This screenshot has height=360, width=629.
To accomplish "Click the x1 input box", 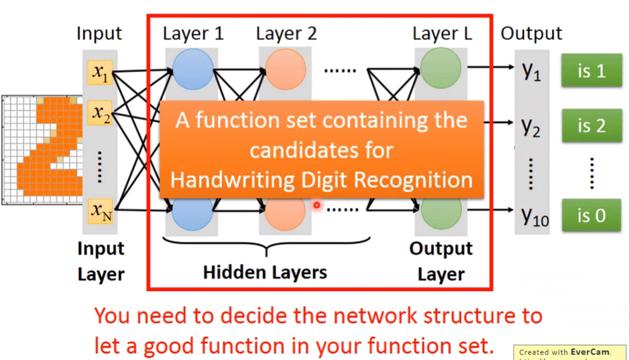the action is [100, 72].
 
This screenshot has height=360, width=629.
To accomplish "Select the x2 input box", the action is [100, 113].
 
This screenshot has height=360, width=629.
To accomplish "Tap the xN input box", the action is [100, 211].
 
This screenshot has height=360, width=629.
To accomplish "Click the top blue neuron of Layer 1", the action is [193, 69].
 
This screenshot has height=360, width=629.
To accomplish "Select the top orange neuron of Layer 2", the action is [286, 69].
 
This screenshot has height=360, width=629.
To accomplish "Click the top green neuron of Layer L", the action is [441, 68].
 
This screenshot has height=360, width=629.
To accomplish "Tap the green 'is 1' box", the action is [592, 71].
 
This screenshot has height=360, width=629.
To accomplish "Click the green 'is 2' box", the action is [592, 126].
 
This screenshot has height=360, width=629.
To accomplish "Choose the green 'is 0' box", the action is [592, 216].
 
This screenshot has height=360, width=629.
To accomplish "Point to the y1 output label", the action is [531, 72].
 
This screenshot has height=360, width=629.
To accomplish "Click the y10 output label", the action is [535, 217].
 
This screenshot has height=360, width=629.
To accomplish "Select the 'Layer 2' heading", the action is [287, 34].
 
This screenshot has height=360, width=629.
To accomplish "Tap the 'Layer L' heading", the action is [442, 34].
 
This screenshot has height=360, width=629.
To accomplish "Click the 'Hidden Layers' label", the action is [265, 272].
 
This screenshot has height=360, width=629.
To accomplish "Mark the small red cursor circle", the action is [317, 205].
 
